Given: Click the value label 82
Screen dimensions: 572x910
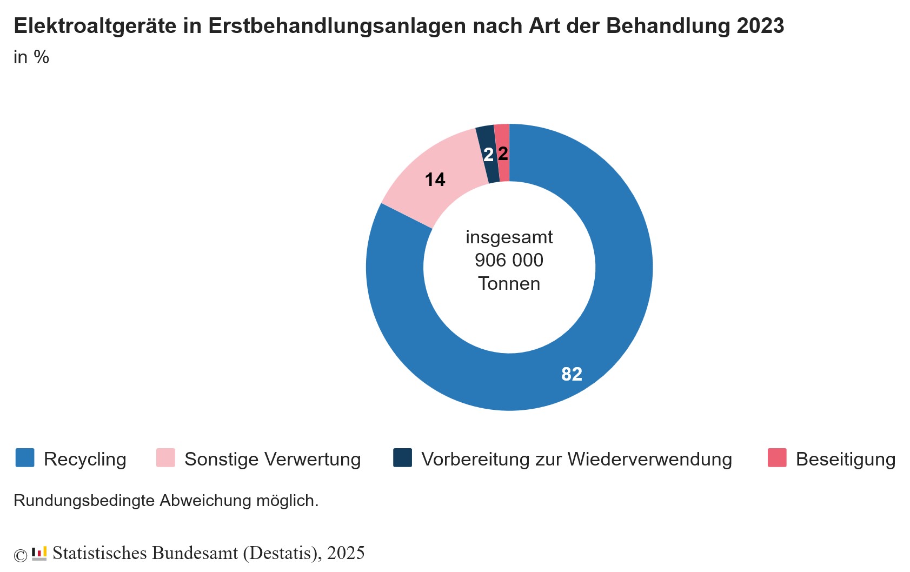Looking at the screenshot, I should (572, 374).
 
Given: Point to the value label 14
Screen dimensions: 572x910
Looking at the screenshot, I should (435, 179).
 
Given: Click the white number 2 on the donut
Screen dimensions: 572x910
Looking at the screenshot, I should (488, 155).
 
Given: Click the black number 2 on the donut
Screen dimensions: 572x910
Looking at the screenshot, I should (503, 154).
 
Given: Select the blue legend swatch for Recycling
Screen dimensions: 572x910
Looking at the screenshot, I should (25, 457).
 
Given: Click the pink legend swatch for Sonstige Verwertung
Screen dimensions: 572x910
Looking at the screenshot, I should (165, 457).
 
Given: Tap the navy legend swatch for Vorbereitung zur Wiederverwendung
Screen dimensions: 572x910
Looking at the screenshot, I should (402, 457).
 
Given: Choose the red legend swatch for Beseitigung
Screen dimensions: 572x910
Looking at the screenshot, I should (777, 457).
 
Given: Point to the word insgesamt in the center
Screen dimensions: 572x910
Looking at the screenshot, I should (509, 237).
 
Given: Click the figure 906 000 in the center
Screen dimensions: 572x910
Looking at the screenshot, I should (509, 261).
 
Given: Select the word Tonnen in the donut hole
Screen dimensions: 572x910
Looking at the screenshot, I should (509, 284).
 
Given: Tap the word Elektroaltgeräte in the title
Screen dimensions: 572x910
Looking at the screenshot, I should (95, 26).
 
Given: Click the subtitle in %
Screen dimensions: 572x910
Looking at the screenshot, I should (31, 57).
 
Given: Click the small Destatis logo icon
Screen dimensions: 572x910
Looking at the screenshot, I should (39, 554).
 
